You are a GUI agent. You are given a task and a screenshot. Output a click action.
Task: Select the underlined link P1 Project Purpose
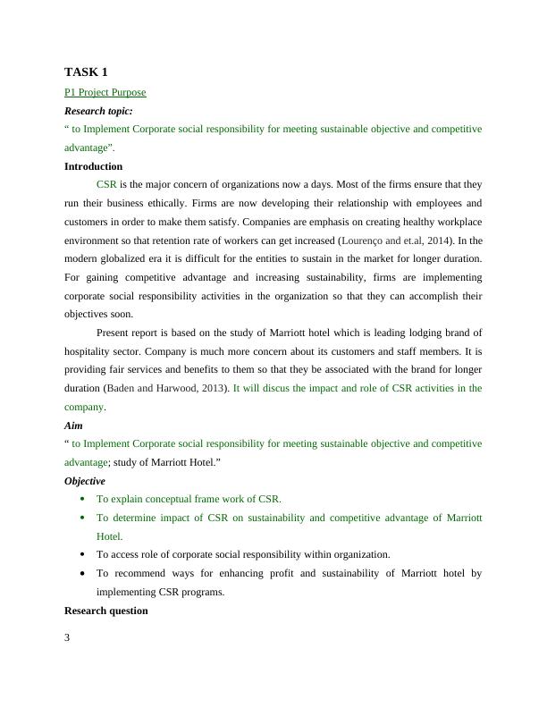[x=105, y=92]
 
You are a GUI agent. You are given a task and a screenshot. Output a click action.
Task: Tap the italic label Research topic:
[x=98, y=111]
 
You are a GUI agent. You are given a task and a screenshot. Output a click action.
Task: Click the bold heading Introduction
[x=93, y=166]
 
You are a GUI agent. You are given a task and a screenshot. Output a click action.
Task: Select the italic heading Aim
[x=73, y=426]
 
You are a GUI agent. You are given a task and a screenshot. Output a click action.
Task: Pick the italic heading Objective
[x=85, y=481]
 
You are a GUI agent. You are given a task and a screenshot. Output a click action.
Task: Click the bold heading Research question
[x=105, y=611]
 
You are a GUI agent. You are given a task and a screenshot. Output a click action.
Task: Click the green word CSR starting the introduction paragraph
[x=106, y=185]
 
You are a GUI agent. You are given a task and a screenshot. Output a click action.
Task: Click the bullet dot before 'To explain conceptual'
[x=82, y=499]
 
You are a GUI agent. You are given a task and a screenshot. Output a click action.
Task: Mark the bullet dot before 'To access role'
[x=82, y=554]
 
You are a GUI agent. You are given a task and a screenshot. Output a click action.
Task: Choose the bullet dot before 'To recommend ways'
[x=82, y=573]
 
